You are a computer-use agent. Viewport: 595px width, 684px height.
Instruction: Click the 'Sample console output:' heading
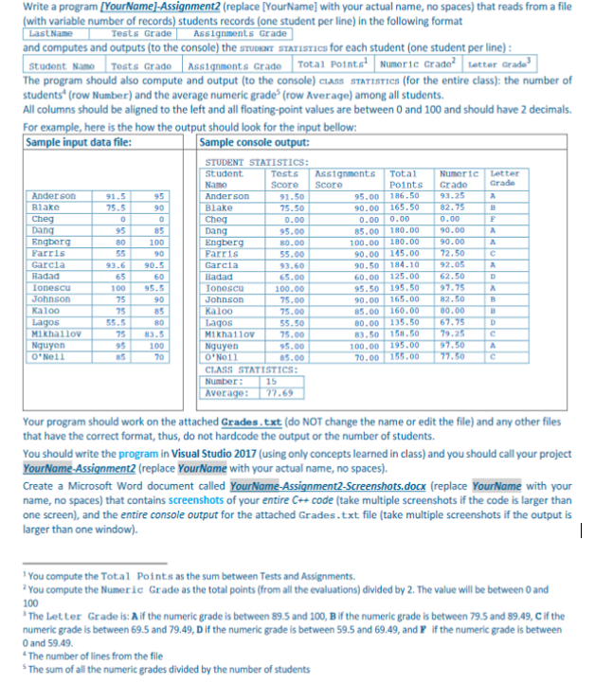255,143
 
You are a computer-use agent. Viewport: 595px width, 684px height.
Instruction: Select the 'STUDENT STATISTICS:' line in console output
250,164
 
